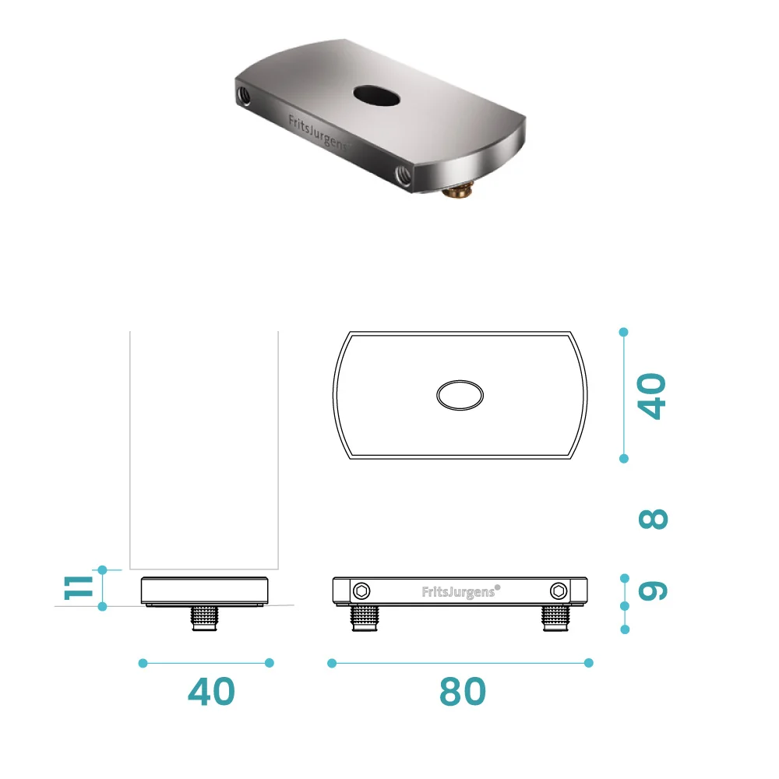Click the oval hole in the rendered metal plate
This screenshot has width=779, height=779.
click(376, 96)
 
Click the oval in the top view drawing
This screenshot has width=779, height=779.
click(460, 396)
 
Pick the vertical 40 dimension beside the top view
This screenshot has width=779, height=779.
click(653, 396)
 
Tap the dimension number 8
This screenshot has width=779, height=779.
click(653, 519)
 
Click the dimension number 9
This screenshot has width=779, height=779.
click(653, 590)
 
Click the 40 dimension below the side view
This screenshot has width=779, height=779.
click(211, 692)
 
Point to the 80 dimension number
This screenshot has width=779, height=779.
click(462, 692)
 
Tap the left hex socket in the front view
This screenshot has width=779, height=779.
click(361, 590)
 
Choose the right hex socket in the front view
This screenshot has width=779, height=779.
click(559, 590)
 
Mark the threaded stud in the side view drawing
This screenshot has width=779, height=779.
click(204, 619)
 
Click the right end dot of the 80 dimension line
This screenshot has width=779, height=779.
click(589, 663)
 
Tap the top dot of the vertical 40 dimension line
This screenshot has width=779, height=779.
click(623, 332)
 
